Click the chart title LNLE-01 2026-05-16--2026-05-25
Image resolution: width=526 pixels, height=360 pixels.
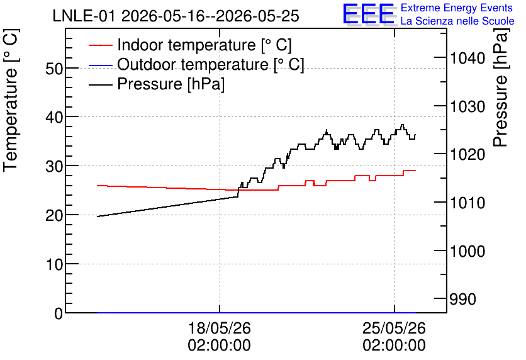point(176,16)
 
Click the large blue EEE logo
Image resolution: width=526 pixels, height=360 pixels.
point(368,14)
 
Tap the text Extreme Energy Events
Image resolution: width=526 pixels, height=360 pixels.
point(457,8)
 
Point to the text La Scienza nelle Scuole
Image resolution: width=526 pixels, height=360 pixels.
point(457,21)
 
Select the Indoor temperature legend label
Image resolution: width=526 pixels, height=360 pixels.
point(204,45)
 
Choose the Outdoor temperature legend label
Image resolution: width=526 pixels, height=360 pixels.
point(211,64)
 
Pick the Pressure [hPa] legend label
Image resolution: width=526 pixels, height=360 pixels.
point(171,84)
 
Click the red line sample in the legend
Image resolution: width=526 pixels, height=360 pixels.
point(100,45)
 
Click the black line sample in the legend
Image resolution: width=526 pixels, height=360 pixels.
point(100,84)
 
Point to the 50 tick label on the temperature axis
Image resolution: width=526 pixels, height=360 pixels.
point(54,69)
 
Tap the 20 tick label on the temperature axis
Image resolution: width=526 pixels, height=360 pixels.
point(54,215)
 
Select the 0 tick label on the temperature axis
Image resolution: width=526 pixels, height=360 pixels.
point(59,313)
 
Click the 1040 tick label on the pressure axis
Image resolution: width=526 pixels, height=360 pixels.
point(467,59)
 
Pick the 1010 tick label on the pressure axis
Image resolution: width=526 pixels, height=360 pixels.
point(467,203)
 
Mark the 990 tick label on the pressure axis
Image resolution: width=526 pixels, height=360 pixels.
point(462,300)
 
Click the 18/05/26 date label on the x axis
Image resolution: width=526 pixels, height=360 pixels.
point(220,328)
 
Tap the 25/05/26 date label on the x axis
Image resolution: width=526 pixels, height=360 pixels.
point(394,328)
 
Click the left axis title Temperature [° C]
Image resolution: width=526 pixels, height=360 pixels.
point(11,101)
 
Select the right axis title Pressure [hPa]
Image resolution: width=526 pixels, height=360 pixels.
point(501,88)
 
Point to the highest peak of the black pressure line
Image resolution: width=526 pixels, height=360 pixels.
point(402,125)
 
